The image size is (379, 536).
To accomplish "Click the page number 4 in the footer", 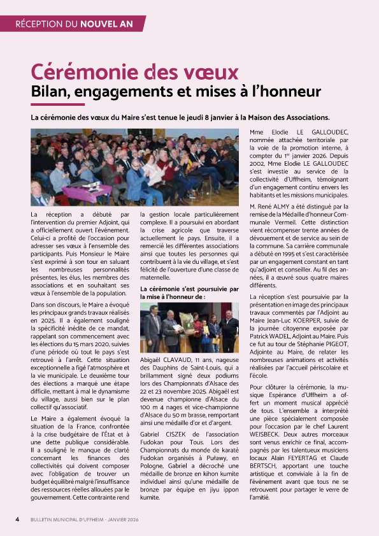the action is point(17,519).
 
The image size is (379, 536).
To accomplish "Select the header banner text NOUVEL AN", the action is point(106,24).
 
